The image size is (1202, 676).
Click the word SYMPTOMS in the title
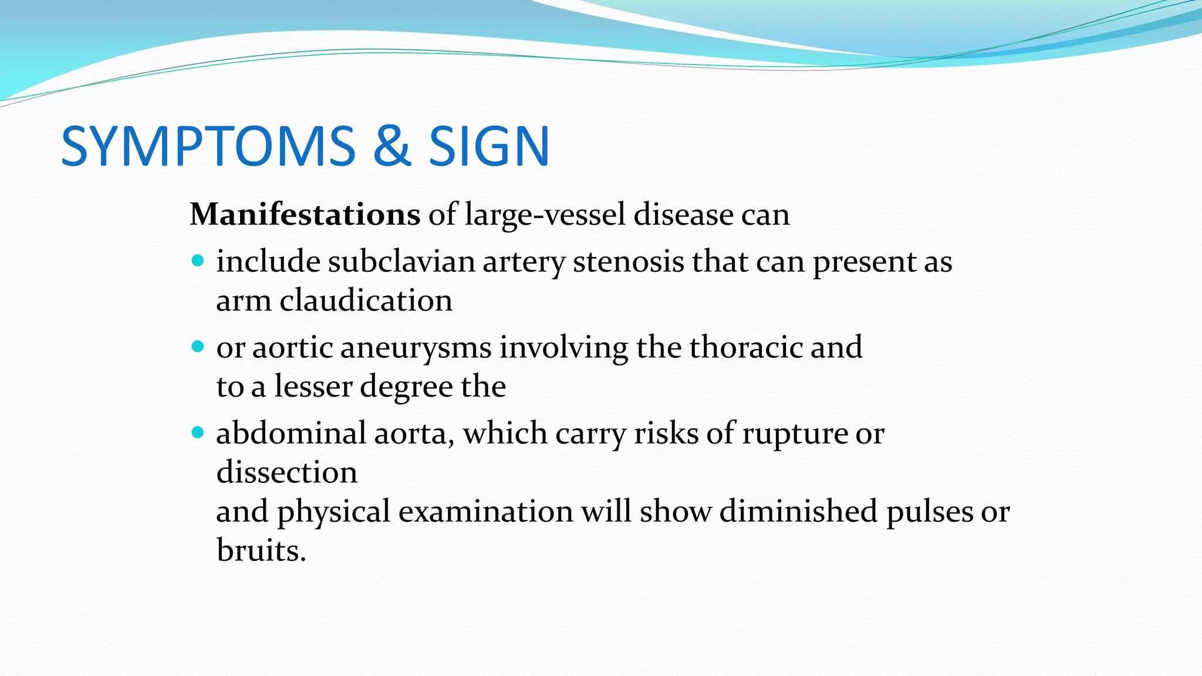[x=208, y=146]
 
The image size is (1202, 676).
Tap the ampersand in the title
[x=391, y=146]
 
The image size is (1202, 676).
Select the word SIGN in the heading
[x=489, y=146]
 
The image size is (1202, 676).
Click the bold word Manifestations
[x=305, y=214]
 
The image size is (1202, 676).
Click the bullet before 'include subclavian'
[x=198, y=261]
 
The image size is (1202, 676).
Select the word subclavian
[x=401, y=261]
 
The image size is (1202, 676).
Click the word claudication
[x=366, y=300]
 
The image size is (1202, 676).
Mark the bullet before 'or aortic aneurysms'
[x=198, y=347]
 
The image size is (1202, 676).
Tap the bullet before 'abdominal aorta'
[x=198, y=433]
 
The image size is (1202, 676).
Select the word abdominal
[x=291, y=433]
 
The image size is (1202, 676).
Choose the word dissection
[x=286, y=472]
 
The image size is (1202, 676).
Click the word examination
[x=485, y=511]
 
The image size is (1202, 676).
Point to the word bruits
[x=261, y=550]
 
